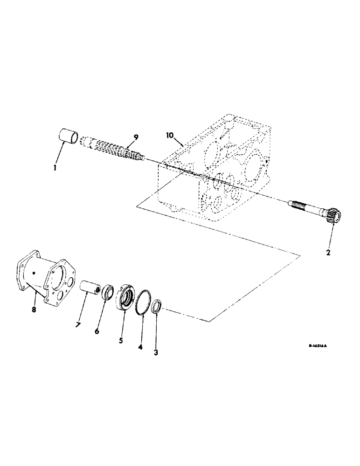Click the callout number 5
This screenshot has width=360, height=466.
(x=121, y=341)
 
